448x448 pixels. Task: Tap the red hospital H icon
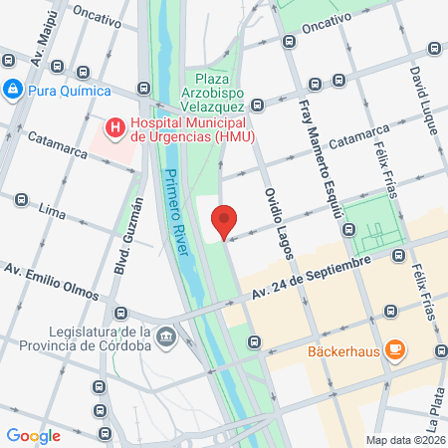point(115,126)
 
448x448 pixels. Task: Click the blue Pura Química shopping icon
point(12,91)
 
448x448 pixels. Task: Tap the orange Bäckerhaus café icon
point(396,349)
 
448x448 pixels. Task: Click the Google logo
point(33,435)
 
